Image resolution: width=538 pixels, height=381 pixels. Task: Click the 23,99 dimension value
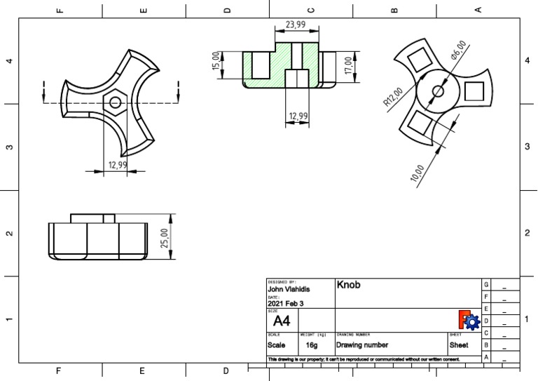296,25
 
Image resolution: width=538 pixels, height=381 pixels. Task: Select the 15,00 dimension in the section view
216,61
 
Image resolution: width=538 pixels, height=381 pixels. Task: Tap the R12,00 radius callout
392,97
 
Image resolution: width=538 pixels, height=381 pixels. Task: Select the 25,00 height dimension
165,238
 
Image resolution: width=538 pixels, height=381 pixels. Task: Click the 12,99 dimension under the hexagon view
117,165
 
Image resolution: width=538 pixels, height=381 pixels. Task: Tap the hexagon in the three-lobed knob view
114,102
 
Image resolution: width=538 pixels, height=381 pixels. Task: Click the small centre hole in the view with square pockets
438,90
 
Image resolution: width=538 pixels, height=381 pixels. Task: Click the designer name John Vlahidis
289,289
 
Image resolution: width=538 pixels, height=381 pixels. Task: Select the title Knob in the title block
349,286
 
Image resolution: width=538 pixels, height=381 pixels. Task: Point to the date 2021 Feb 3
286,304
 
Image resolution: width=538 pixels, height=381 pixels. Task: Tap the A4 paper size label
281,321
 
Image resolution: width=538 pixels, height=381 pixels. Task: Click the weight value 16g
312,345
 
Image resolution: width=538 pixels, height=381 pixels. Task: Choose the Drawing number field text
362,345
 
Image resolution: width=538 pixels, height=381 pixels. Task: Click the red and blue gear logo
468,320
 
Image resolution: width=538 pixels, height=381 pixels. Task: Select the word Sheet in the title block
459,345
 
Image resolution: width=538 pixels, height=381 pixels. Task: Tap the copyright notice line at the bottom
364,359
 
